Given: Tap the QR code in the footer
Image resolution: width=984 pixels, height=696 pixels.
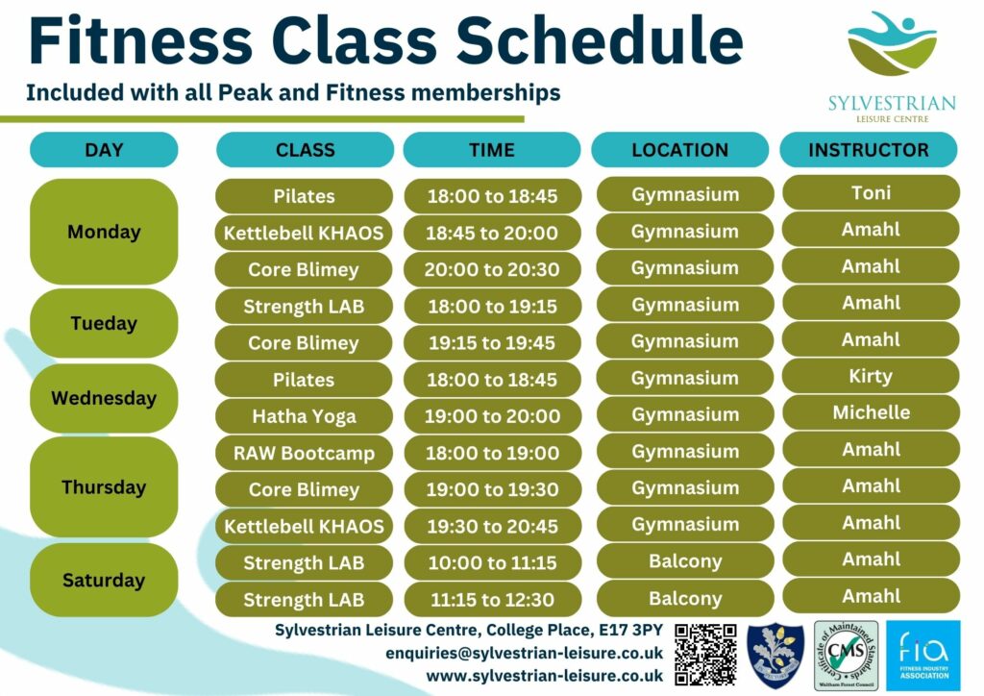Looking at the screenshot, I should click(x=706, y=654).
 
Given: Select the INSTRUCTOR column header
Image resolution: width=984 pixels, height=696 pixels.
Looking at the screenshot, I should click(x=869, y=150).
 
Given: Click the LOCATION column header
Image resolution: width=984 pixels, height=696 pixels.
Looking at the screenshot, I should click(x=679, y=150).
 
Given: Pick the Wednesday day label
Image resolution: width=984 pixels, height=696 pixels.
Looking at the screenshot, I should click(x=104, y=398).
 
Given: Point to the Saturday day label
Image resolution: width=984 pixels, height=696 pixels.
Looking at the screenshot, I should click(x=104, y=580).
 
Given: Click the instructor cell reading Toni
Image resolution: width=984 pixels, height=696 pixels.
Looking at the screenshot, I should click(x=871, y=193).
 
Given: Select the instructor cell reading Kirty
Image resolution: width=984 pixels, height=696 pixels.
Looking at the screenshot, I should click(x=871, y=376).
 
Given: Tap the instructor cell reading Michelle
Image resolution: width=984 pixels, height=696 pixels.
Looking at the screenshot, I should click(x=871, y=412).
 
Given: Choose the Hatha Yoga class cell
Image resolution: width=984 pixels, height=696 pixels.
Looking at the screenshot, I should click(x=304, y=416).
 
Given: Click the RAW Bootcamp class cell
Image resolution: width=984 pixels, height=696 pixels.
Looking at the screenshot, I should click(x=304, y=453).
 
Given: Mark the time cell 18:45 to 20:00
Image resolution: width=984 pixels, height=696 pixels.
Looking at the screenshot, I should click(x=492, y=233).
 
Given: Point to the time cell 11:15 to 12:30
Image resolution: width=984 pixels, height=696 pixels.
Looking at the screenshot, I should click(x=492, y=600).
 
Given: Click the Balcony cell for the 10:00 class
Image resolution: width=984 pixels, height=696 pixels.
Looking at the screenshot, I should click(x=685, y=561).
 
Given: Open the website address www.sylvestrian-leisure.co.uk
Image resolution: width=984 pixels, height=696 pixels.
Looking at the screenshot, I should click(x=545, y=676).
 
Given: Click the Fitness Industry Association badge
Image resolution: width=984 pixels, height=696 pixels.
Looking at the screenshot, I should click(x=922, y=656).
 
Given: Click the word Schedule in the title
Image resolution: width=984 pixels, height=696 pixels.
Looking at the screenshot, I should click(x=600, y=42).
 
